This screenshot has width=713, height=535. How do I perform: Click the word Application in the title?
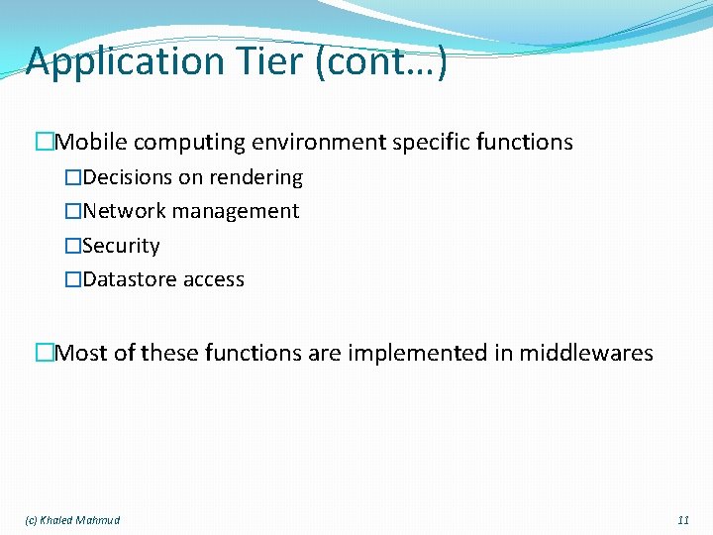[125, 61]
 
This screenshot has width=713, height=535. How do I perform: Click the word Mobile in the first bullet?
[91, 143]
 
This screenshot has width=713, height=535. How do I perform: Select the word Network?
[124, 211]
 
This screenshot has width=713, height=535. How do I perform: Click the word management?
[235, 212]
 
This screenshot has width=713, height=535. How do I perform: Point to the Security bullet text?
[121, 246]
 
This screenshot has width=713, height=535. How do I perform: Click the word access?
[214, 280]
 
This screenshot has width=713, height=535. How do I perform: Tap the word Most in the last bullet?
[82, 353]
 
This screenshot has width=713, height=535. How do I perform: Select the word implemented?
[420, 354]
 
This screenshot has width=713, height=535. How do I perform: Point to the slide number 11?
[683, 520]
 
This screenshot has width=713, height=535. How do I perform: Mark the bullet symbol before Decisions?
[72, 178]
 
